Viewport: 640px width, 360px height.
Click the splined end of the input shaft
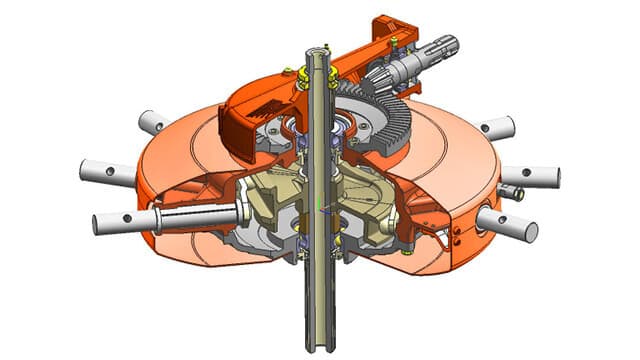coord(444,46)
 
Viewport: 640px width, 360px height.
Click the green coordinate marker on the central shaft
coord(318,208)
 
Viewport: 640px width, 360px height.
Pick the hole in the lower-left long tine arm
coord(126,220)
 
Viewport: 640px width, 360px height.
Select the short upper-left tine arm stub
coord(153,123)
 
